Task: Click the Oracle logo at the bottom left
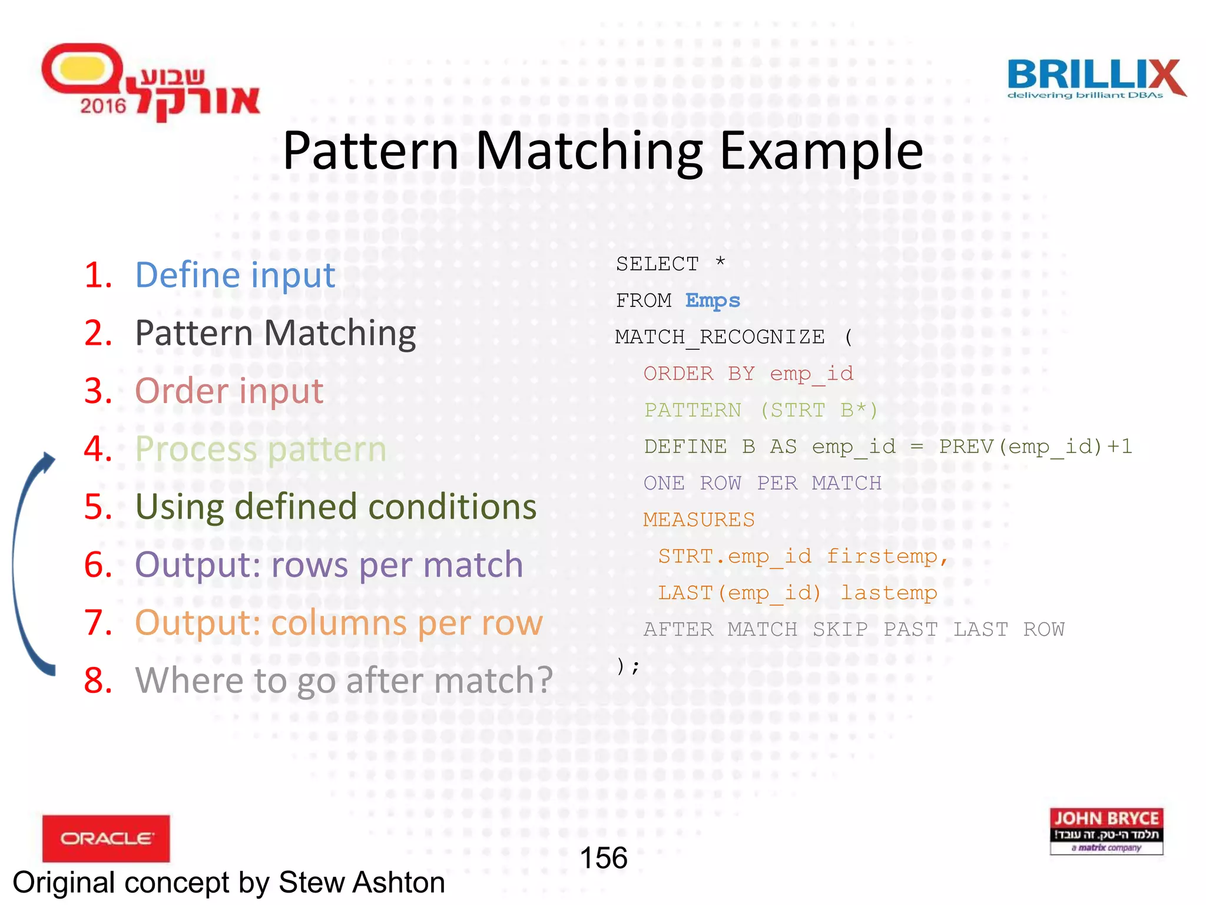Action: [106, 838]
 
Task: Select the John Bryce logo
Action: [1106, 831]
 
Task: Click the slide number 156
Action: [603, 858]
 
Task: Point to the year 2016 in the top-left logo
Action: [103, 106]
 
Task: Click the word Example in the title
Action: [821, 151]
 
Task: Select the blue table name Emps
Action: [713, 300]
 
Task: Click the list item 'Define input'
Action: [235, 275]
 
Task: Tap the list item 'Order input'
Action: [229, 391]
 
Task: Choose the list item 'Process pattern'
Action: [260, 449]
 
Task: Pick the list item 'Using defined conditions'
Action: [336, 507]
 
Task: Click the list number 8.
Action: [98, 681]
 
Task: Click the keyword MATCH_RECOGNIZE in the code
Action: [720, 337]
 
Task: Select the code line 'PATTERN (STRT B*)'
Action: [760, 410]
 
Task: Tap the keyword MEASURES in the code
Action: [698, 520]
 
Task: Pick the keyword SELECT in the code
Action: [657, 264]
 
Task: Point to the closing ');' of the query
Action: [628, 666]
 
